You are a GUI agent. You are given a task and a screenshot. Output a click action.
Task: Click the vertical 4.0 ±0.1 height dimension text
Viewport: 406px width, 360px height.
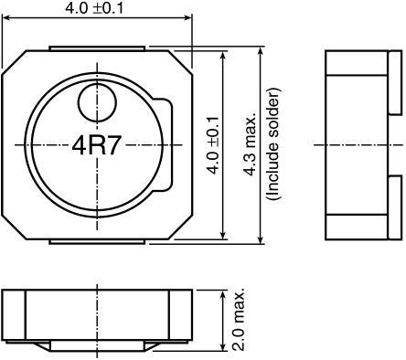click(212, 144)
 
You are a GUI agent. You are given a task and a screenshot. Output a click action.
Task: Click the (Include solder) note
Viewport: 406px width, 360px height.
click(272, 144)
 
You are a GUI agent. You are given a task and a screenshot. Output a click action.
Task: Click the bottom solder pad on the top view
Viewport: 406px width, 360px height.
click(96, 240)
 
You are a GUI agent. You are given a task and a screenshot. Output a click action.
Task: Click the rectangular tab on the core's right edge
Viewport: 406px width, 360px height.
click(165, 144)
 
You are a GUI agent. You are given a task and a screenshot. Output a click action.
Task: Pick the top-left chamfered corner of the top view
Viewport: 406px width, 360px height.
click(13, 60)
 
